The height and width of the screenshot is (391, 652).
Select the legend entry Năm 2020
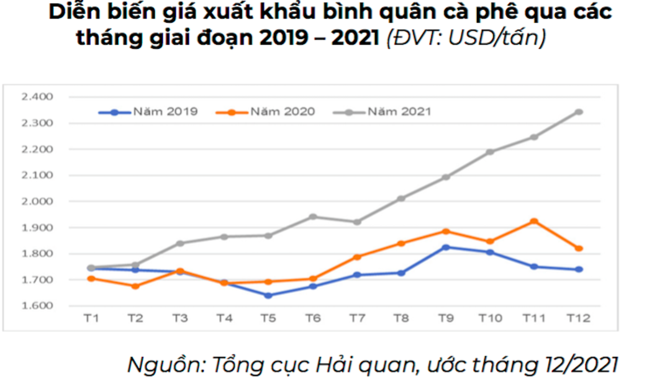[282, 112]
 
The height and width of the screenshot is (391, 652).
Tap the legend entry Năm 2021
[399, 112]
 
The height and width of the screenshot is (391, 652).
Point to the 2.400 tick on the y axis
[38, 97]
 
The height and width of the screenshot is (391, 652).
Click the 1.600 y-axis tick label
[38, 306]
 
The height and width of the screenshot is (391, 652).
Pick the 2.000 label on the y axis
[38, 202]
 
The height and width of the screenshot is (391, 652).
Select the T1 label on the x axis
[91, 318]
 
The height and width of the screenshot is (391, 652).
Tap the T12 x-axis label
[578, 318]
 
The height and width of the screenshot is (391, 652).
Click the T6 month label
[312, 318]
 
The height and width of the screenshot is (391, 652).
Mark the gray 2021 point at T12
[578, 112]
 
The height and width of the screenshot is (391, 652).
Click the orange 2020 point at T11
[534, 221]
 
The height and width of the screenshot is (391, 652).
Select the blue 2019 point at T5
[268, 295]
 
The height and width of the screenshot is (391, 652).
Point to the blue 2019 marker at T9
[445, 247]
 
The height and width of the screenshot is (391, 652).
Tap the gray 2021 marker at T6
[312, 217]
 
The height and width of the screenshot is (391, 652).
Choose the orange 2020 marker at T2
[135, 286]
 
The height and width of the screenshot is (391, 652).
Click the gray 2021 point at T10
[490, 152]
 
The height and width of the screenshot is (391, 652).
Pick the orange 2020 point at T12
[578, 248]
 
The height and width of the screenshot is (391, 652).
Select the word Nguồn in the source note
[165, 364]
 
